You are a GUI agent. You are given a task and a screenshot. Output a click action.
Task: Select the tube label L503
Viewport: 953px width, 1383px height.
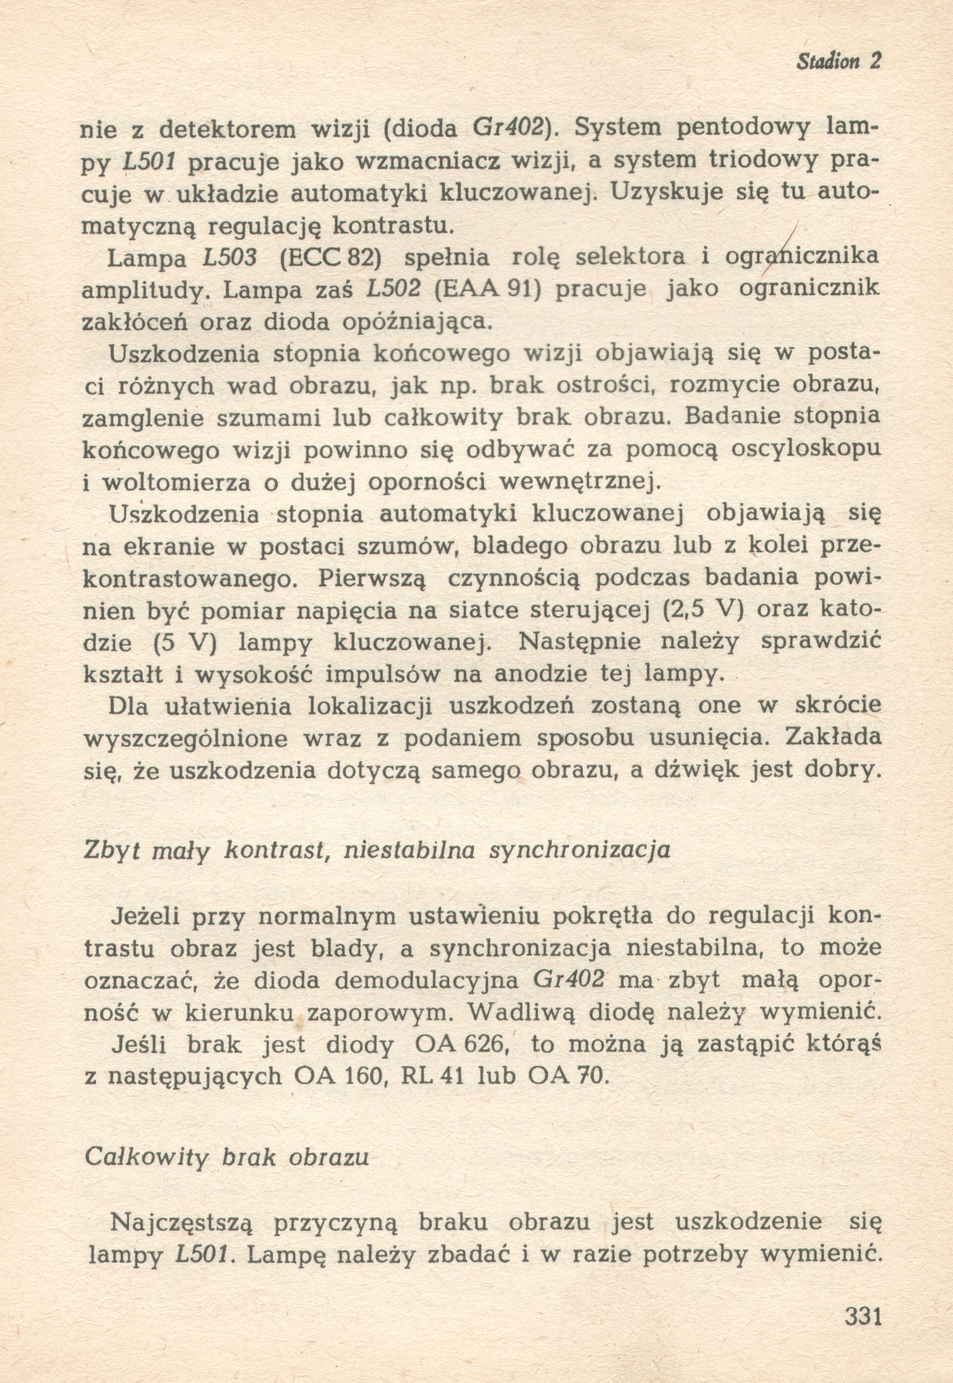point(230,258)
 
